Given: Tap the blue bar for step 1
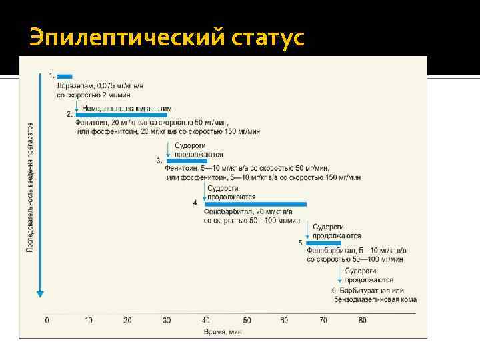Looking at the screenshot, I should (x=65, y=77).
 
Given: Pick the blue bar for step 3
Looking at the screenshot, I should (x=187, y=161).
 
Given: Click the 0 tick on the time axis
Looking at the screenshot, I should (x=47, y=321).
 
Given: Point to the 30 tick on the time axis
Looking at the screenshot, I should (x=167, y=321).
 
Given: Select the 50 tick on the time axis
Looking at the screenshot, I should (x=247, y=321).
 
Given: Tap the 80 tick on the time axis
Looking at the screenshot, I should (x=363, y=321).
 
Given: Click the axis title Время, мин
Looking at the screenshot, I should (x=223, y=331).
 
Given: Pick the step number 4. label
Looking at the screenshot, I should (x=195, y=202).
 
